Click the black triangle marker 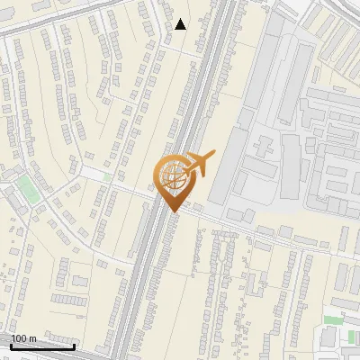pos(181,24)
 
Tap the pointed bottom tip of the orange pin pos(171,212)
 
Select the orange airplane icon pos(197,165)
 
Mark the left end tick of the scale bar pos(11,346)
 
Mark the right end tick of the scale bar pos(75,346)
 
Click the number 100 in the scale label pos(19,338)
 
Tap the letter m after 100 pos(32,339)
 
